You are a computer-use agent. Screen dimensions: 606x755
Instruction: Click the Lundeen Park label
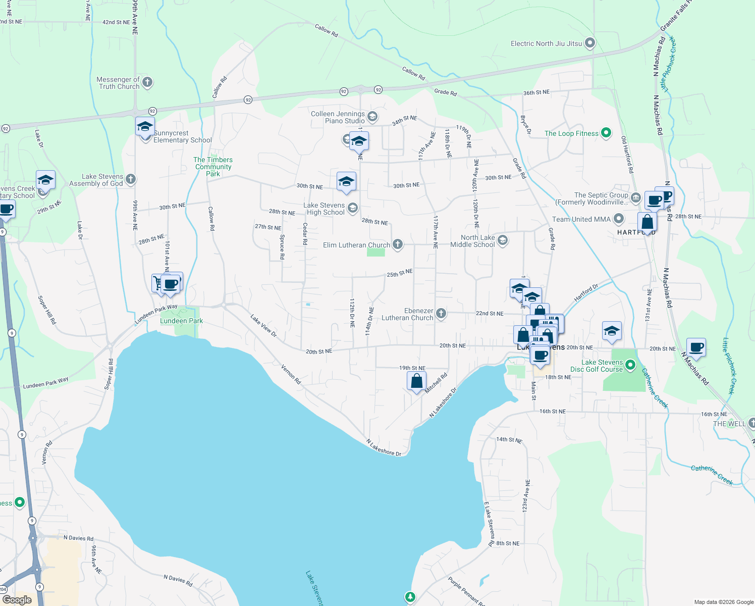click(x=181, y=321)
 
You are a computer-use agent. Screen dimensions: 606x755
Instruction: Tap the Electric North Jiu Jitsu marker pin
click(x=589, y=43)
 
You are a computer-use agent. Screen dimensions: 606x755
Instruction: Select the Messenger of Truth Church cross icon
click(x=147, y=82)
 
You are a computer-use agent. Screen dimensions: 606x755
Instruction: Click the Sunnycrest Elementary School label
click(x=182, y=137)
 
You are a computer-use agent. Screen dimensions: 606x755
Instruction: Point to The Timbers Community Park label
click(x=213, y=167)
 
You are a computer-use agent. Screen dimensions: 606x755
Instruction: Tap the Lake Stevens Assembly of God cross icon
click(x=131, y=179)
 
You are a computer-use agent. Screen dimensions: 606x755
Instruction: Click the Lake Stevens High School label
click(x=325, y=209)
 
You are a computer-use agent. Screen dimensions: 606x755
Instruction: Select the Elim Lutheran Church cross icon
click(x=398, y=245)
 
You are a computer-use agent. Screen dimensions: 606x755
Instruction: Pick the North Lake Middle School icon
click(x=502, y=240)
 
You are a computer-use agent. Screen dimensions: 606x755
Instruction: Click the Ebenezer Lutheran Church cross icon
click(x=441, y=314)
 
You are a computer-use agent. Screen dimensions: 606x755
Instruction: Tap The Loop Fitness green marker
click(x=606, y=133)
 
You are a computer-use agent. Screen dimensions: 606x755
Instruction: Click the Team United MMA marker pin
click(x=619, y=219)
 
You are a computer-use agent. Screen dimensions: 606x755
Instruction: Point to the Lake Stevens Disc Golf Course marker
click(x=630, y=365)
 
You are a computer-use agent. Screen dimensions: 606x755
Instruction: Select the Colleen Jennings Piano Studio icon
click(x=372, y=117)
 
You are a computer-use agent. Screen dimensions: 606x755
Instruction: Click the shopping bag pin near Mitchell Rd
click(x=416, y=381)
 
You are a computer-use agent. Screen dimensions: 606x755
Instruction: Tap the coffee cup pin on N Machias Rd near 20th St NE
click(x=696, y=347)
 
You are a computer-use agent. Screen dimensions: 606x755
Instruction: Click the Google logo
click(x=17, y=600)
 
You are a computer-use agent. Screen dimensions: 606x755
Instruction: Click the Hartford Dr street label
click(x=586, y=293)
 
